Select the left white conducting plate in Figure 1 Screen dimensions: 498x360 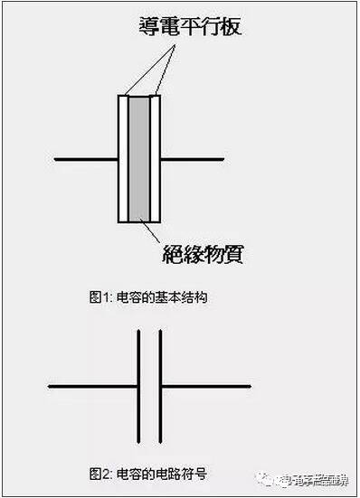pyautogui.click(x=124, y=158)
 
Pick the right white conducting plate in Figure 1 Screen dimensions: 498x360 pyautogui.click(x=156, y=158)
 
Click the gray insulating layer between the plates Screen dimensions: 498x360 pyautogui.click(x=140, y=158)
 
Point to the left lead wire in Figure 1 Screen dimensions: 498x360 pyautogui.click(x=86, y=160)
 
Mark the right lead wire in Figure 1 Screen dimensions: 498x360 pyautogui.click(x=192, y=160)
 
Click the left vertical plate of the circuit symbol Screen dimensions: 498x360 pyautogui.click(x=139, y=387)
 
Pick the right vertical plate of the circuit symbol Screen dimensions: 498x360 pyautogui.click(x=161, y=387)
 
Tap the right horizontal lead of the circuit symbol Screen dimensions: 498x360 pyautogui.click(x=205, y=387)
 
